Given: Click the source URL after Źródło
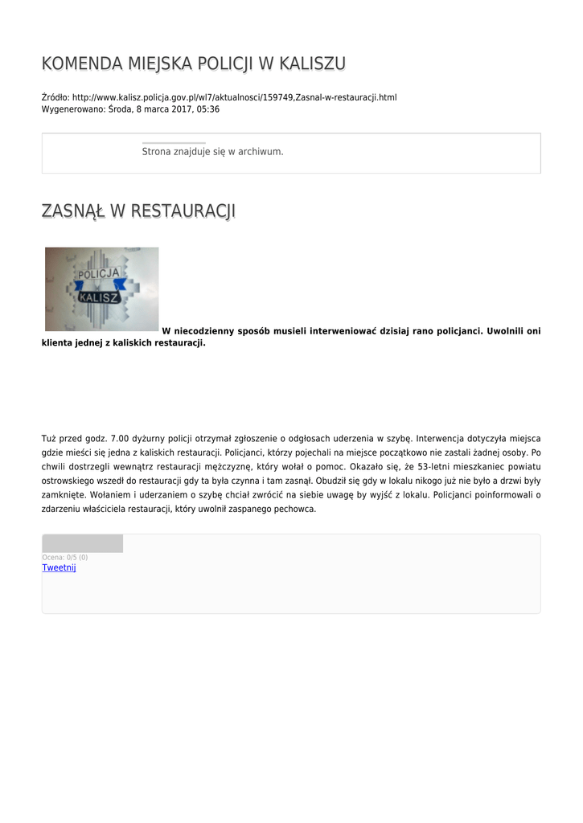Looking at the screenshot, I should pyautogui.click(x=235, y=97).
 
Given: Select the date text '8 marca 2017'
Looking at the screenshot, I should pyautogui.click(x=163, y=109).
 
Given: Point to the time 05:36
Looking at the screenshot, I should pyautogui.click(x=208, y=109).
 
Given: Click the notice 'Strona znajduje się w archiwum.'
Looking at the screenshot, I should pyautogui.click(x=212, y=151).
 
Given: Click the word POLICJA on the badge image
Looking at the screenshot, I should pyautogui.click(x=98, y=274).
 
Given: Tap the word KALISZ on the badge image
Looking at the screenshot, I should pyautogui.click(x=99, y=297).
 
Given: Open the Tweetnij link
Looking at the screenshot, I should pyautogui.click(x=59, y=567).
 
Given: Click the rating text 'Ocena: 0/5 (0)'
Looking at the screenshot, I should pyautogui.click(x=64, y=557).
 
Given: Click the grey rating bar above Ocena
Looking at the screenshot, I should pyautogui.click(x=82, y=543).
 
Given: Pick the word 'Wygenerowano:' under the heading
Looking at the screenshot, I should pyautogui.click(x=73, y=109).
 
